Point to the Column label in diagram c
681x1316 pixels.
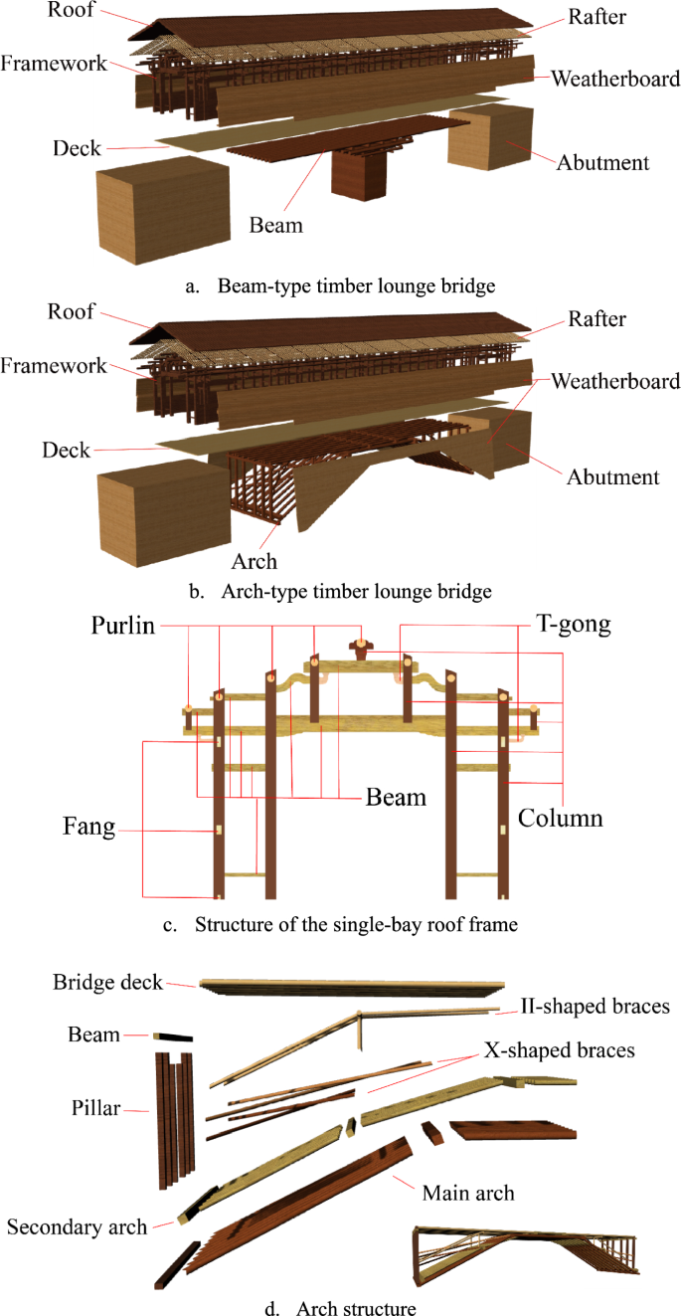point(559,819)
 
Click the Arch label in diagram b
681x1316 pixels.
point(255,561)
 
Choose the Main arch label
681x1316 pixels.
point(468,1192)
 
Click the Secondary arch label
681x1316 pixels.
point(77,1226)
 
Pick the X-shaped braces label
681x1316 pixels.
point(559,1049)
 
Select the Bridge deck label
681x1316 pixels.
point(107,983)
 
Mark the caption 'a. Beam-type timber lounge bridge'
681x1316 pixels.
point(340,286)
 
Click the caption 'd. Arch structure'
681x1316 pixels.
point(340,1307)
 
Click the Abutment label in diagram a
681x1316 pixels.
point(603,162)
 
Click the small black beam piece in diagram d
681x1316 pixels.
point(173,1035)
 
